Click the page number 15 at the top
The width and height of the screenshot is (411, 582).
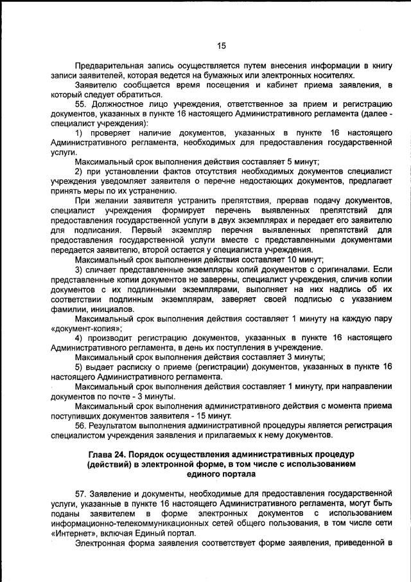222,46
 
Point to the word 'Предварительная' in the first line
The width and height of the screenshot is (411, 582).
109,66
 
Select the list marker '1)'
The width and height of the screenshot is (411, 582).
80,132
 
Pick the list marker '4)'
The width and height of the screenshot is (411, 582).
80,338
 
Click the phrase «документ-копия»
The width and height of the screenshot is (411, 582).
87,328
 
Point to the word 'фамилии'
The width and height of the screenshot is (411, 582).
67,309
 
